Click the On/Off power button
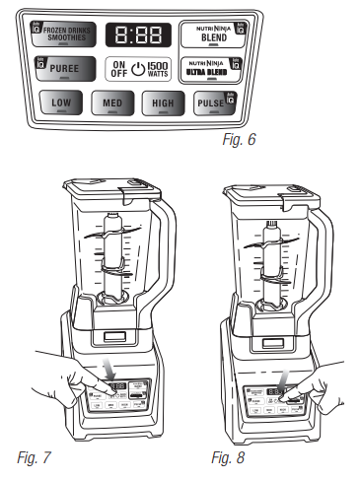pyautogui.click(x=118, y=70)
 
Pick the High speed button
pyautogui.click(x=163, y=103)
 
